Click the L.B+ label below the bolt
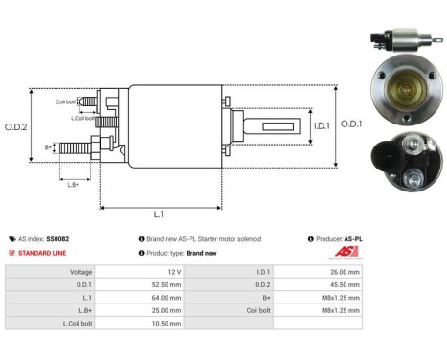(x=75, y=183)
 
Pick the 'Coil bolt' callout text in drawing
(x=65, y=101)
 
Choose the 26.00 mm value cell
(x=342, y=271)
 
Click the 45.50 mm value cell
(x=342, y=284)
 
